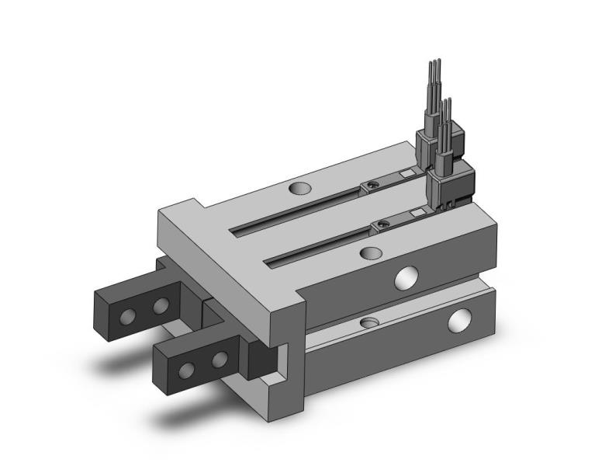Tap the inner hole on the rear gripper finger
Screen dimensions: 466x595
161,305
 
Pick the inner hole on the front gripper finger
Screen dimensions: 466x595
220,359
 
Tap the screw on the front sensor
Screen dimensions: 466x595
381,225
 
